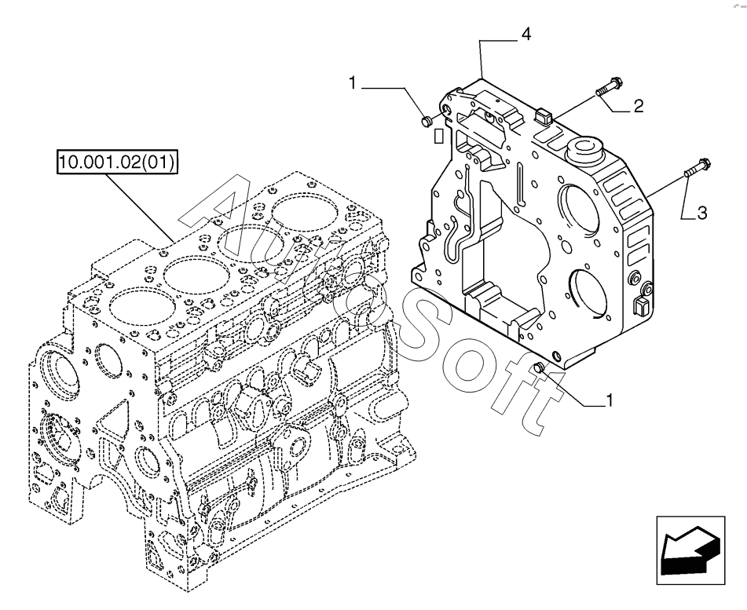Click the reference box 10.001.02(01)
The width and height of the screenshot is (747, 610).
pos(117,163)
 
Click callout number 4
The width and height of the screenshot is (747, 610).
pos(526,35)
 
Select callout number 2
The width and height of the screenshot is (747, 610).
pos(638,105)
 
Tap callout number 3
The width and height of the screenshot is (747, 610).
pos(701,213)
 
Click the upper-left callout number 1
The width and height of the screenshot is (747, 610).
pos(353,83)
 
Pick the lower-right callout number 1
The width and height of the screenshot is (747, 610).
pos(609,400)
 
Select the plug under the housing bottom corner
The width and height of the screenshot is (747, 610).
pos(540,367)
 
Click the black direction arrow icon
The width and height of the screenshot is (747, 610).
pos(690,550)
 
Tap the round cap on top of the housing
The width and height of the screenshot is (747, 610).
pos(583,148)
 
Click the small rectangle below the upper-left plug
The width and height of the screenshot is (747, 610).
pos(438,136)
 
